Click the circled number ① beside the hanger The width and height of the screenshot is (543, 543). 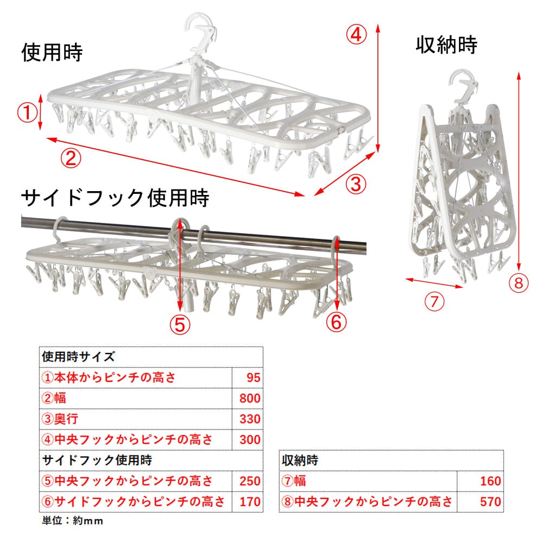27,113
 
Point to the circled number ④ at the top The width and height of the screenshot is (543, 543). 356,35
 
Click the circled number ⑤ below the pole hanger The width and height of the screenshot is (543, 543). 180,325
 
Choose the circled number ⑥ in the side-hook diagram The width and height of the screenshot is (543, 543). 336,322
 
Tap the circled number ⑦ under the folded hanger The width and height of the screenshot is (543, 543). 434,301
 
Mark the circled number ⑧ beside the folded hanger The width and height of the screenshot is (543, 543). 519,283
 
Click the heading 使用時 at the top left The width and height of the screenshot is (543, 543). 52,52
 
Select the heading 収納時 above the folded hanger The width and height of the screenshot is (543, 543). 446,45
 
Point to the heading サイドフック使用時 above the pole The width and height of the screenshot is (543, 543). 115,198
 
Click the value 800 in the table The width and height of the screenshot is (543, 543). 250,398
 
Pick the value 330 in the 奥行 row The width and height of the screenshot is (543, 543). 250,419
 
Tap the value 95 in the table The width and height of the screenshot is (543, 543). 254,377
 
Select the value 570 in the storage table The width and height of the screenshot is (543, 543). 490,502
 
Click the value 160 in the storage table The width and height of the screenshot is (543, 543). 490,481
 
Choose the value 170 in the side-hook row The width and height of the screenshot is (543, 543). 250,502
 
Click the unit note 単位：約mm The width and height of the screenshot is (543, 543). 72,521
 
